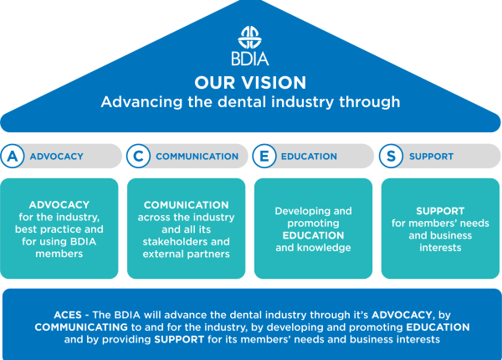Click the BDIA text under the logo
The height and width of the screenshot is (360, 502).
click(x=250, y=61)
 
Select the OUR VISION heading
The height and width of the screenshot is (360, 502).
click(x=250, y=83)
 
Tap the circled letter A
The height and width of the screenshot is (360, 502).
click(x=13, y=156)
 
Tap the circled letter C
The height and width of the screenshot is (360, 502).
click(x=139, y=156)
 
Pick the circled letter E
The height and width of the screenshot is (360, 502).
click(x=265, y=156)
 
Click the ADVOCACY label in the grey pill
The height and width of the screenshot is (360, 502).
click(x=56, y=157)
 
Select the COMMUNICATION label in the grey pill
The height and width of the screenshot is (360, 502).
click(x=197, y=157)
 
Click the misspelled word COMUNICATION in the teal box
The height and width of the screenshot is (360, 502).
click(x=186, y=205)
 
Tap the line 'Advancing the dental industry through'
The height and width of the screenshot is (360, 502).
click(x=250, y=102)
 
